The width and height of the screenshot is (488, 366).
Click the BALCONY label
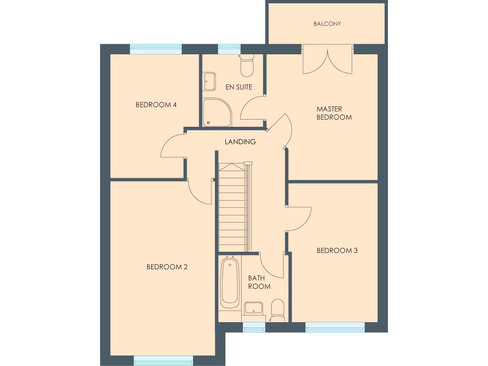pos(327,23)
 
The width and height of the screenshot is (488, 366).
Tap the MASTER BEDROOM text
pos(334,113)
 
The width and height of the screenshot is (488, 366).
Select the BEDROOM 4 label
pos(156,105)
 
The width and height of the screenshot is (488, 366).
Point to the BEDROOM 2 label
pos(167,267)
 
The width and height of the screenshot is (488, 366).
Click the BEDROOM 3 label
pos(337,251)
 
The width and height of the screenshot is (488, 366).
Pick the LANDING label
pos(240,142)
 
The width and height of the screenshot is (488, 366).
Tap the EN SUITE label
pos(239,87)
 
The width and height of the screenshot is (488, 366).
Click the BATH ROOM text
pos(259,282)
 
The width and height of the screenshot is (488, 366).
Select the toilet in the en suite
pos(247,66)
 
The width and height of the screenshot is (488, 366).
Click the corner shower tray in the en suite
pos(216,113)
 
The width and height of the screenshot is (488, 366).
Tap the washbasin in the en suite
pos(209,81)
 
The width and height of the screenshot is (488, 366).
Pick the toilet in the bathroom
pos(277,310)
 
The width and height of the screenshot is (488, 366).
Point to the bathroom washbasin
pos(254,308)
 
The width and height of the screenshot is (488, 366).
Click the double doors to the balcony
pos(328,60)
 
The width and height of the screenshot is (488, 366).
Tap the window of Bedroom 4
pos(156,49)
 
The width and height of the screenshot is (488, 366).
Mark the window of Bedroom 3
pos(335,327)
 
